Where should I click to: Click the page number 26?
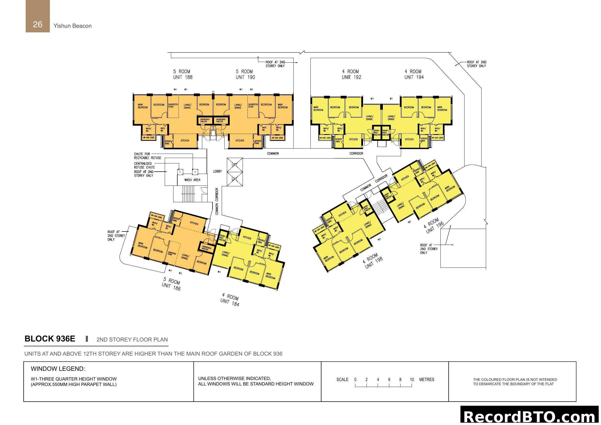38,24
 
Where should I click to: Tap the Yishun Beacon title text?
72,26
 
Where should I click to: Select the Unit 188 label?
183,77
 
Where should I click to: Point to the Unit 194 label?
414,77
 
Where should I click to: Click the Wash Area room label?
192,180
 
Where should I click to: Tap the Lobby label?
217,171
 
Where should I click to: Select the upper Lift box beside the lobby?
235,165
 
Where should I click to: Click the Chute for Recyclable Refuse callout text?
148,156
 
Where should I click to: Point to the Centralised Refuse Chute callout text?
144,165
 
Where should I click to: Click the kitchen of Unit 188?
185,141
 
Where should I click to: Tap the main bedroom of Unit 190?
282,106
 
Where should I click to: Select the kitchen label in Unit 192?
353,140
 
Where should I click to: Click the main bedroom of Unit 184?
270,275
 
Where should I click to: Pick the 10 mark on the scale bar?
412,380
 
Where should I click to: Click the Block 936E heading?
50,339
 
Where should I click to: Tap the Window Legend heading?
58,369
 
